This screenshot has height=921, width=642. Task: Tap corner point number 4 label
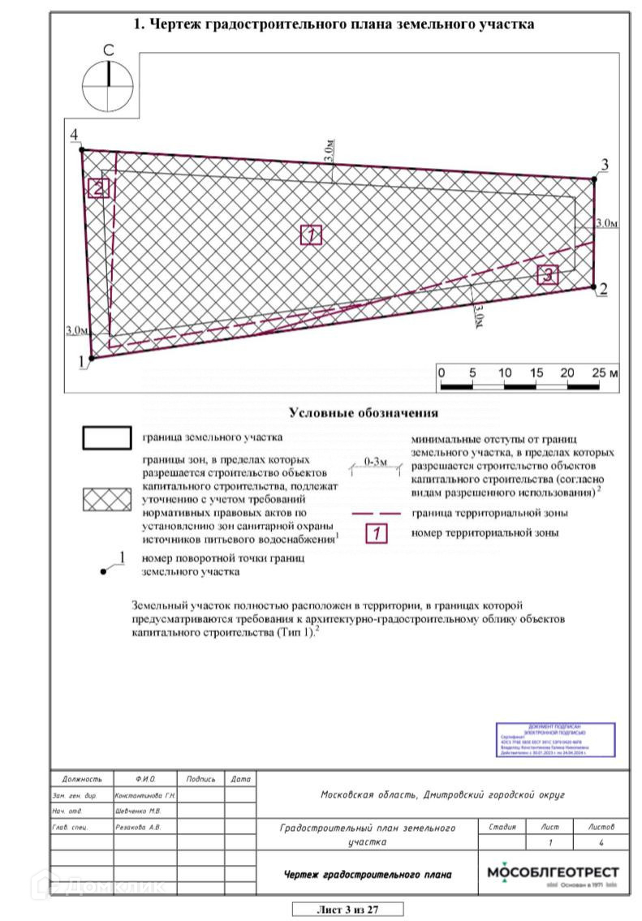pyautogui.click(x=74, y=135)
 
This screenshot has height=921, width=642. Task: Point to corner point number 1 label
pyautogui.click(x=81, y=362)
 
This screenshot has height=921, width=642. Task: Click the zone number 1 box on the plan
pyautogui.click(x=312, y=235)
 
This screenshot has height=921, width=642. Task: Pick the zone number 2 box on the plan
pyautogui.click(x=98, y=188)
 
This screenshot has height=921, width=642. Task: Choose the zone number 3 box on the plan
pyautogui.click(x=549, y=275)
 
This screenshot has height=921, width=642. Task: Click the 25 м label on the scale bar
pyautogui.click(x=605, y=372)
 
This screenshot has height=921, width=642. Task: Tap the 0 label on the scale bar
pyautogui.click(x=441, y=372)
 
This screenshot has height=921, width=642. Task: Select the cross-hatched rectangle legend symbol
pyautogui.click(x=106, y=500)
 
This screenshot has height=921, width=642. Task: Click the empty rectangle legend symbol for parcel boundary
pyautogui.click(x=106, y=437)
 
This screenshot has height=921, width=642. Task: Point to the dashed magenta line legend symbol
pyautogui.click(x=377, y=514)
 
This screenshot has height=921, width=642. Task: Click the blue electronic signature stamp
pyautogui.click(x=555, y=739)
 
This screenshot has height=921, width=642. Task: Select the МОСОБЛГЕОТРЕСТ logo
pyautogui.click(x=553, y=875)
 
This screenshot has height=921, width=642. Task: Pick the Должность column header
pyautogui.click(x=82, y=779)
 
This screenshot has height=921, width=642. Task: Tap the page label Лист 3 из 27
pyautogui.click(x=347, y=909)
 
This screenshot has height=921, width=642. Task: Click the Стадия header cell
pyautogui.click(x=503, y=827)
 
